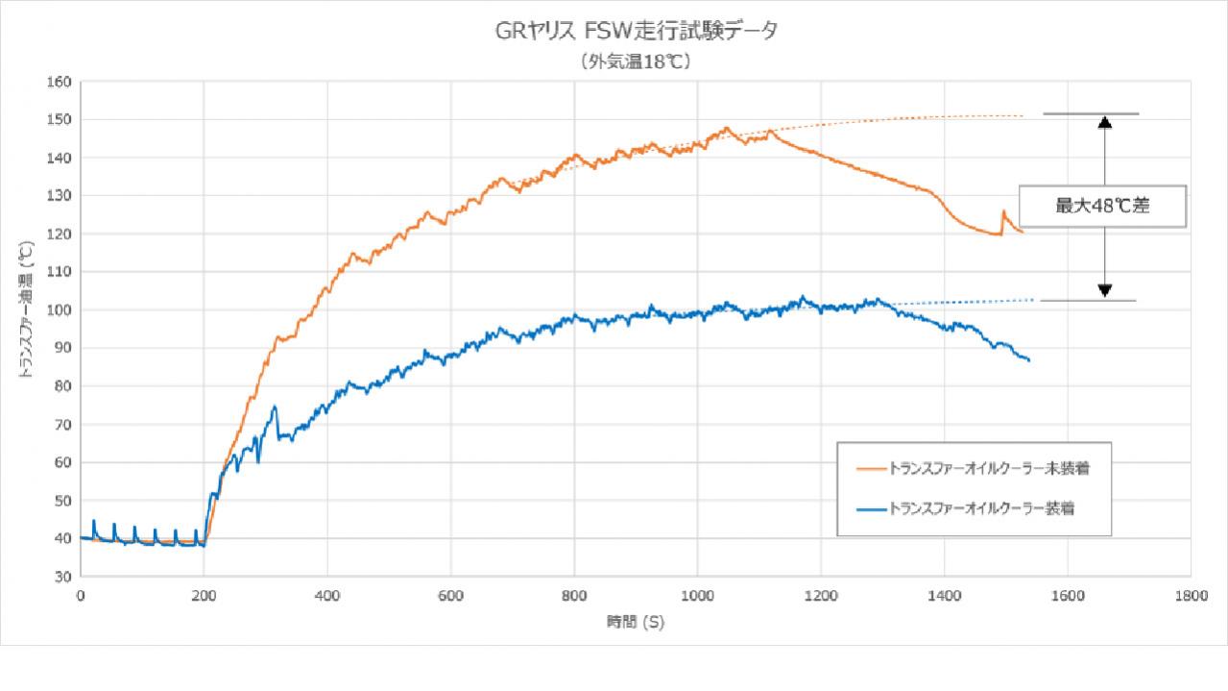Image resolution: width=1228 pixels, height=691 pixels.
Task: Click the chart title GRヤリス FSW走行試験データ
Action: pos(632,32)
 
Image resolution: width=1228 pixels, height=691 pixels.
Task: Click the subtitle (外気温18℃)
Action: pos(635,62)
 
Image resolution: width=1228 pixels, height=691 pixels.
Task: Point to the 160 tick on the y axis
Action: pos(60,82)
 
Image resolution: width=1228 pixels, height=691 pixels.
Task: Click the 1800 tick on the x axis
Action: pos(1191,596)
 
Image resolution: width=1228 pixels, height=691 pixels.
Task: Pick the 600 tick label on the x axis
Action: pos(451,596)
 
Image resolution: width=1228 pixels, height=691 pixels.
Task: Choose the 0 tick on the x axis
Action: pos(81,596)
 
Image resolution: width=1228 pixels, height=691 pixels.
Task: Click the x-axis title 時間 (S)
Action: pos(635,622)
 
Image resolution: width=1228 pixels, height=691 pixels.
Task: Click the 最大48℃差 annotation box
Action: pos(1102,206)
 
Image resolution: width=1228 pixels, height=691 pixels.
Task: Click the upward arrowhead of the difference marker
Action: pos(1105,122)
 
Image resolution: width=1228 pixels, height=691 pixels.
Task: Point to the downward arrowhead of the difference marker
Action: pos(1105,290)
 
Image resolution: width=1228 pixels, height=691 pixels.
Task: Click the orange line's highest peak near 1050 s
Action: pos(727,128)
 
